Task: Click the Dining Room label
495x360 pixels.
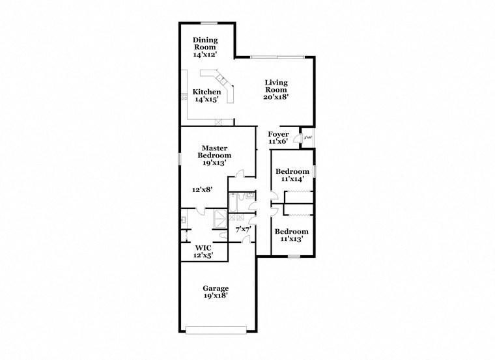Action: click(x=205, y=48)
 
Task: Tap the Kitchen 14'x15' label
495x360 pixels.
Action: click(x=206, y=96)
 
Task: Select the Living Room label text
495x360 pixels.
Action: click(x=276, y=89)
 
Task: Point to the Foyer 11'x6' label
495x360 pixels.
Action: click(x=278, y=137)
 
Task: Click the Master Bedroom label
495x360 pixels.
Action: click(x=215, y=156)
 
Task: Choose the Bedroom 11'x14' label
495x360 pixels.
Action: click(x=290, y=175)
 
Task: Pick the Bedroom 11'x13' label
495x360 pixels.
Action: click(x=290, y=235)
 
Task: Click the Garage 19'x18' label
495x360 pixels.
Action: click(x=215, y=292)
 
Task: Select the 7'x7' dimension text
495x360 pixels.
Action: click(x=243, y=229)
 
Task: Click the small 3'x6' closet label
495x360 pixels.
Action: click(x=307, y=137)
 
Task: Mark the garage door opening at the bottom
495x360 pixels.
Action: click(x=216, y=328)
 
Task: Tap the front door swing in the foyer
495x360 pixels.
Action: click(x=296, y=138)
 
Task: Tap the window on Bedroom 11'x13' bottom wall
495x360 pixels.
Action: click(x=294, y=256)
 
